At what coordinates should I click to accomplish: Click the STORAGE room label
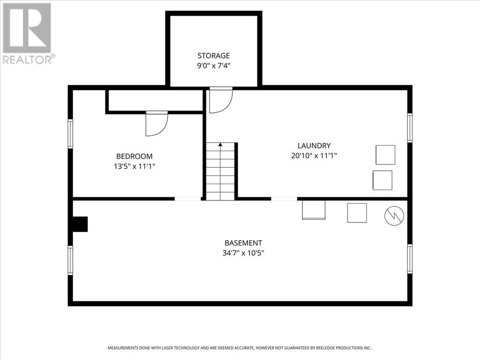pyautogui.click(x=213, y=55)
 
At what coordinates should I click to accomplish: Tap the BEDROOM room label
pyautogui.click(x=135, y=156)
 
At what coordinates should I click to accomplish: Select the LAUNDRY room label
pyautogui.click(x=314, y=145)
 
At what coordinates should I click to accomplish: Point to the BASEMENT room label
pyautogui.click(x=243, y=243)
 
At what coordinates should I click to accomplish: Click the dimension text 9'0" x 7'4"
pyautogui.click(x=213, y=66)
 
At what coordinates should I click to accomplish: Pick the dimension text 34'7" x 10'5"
pyautogui.click(x=243, y=253)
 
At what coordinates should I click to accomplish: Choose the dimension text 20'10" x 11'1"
pyautogui.click(x=314, y=156)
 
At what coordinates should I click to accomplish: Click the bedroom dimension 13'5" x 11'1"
pyautogui.click(x=135, y=166)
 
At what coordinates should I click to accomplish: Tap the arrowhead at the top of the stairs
pyautogui.click(x=220, y=144)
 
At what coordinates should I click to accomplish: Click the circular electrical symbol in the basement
pyautogui.click(x=394, y=216)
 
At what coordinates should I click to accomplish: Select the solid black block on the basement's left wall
pyautogui.click(x=80, y=224)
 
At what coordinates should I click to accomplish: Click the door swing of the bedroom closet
pyautogui.click(x=157, y=123)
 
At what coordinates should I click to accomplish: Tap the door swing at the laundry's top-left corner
pyautogui.click(x=221, y=100)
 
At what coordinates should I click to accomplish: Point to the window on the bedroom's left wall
pyautogui.click(x=70, y=134)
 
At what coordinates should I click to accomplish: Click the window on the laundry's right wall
pyautogui.click(x=410, y=127)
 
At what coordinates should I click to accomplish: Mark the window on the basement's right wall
pyautogui.click(x=410, y=259)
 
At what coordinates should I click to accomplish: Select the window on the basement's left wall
pyautogui.click(x=70, y=260)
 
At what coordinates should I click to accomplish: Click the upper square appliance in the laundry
pyautogui.click(x=385, y=155)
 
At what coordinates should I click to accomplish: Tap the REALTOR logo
pyautogui.click(x=29, y=34)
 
